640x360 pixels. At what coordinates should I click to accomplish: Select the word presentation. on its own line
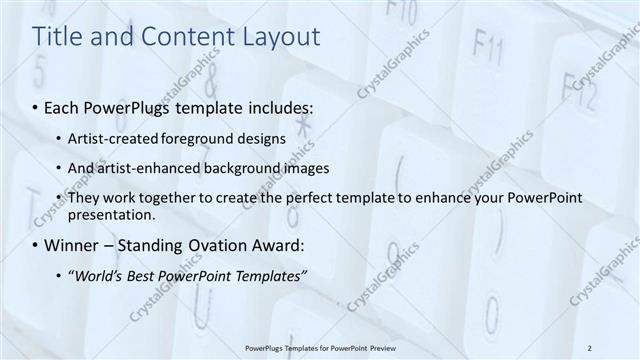click(112, 214)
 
